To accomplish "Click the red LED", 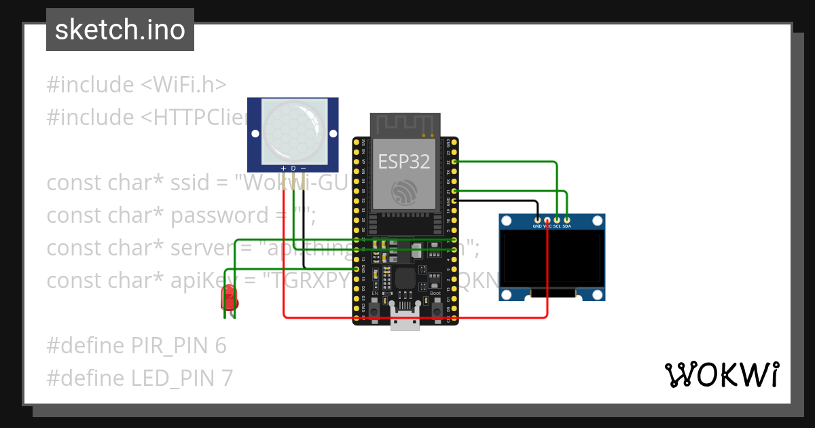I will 230,297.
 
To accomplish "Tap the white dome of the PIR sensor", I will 293,129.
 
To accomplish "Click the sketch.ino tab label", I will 120,30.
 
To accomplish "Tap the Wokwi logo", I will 721,374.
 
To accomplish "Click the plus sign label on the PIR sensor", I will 283,168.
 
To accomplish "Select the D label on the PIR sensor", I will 293,168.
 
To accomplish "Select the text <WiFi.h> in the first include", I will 183,85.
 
